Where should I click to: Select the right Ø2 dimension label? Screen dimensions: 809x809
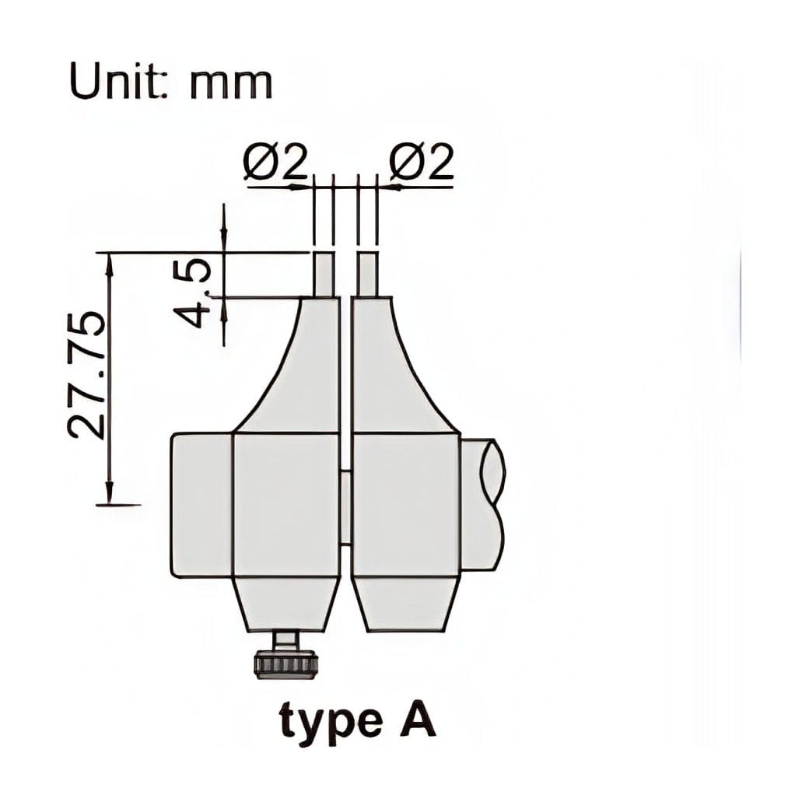420,164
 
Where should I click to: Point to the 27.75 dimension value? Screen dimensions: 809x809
85,374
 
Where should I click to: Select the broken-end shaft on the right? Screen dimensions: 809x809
482,504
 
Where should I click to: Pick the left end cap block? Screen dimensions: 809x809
201,506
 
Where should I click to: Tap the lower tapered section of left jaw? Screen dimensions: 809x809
286,604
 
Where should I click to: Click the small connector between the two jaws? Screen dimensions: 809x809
345,506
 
